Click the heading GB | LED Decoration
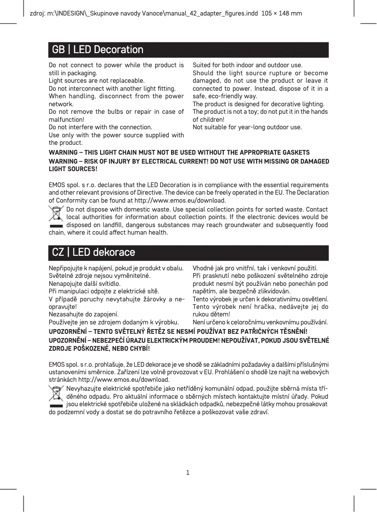98,49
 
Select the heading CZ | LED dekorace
94,252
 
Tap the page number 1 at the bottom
188,472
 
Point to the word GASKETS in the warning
296,153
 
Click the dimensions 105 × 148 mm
281,13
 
